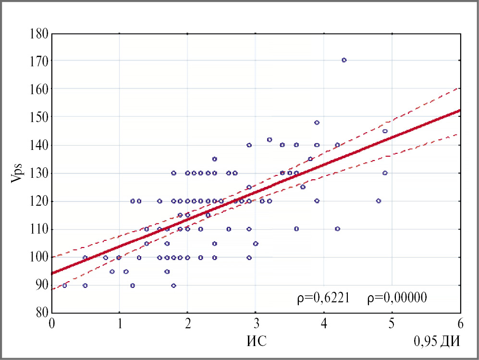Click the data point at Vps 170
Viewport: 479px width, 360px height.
click(344, 60)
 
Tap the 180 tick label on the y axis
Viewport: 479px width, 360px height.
click(38, 34)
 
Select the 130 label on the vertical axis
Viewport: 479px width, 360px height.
click(38, 174)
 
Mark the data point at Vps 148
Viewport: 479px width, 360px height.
click(317, 123)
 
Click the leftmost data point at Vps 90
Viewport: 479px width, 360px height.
click(65, 286)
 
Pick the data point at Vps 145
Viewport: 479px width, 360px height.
click(385, 131)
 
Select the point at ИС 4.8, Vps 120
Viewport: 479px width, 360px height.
click(378, 201)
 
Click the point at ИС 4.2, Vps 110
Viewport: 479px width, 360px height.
click(337, 229)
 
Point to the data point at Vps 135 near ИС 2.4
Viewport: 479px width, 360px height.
click(215, 159)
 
